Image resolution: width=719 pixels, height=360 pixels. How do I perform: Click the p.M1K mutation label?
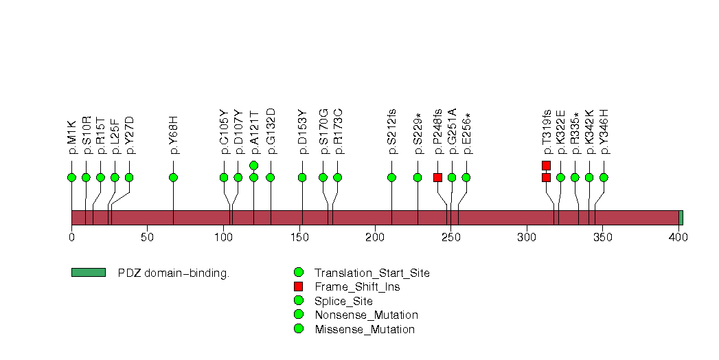point(72,137)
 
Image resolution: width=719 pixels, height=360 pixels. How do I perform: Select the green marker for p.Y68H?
point(173,177)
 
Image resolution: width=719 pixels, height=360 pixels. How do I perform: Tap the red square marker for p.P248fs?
point(438,177)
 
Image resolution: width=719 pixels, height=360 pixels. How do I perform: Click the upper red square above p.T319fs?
point(546,165)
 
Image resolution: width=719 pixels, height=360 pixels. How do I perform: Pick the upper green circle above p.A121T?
point(254,165)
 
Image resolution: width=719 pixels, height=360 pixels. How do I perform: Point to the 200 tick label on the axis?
point(375,237)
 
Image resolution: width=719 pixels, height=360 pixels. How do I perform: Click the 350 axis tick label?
point(603,237)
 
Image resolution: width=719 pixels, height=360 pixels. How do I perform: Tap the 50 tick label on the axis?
point(147,237)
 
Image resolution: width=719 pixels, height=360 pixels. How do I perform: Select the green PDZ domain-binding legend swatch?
point(89,273)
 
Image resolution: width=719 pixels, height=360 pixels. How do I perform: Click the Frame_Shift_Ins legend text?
point(357,287)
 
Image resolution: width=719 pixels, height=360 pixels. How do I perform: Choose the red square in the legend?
point(299,286)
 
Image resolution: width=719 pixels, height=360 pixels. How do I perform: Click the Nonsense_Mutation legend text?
point(367,315)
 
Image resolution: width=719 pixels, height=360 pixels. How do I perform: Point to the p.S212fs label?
point(392,132)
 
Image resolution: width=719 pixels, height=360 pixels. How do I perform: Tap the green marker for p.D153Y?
point(302,177)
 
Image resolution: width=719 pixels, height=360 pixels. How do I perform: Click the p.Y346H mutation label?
point(604,132)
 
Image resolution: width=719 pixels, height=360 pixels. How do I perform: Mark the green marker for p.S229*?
point(418,177)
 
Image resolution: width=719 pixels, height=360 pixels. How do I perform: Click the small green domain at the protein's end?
point(681,218)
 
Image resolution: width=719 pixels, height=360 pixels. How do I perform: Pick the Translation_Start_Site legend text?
point(372,273)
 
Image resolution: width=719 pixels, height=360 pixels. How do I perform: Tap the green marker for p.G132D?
point(271,177)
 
